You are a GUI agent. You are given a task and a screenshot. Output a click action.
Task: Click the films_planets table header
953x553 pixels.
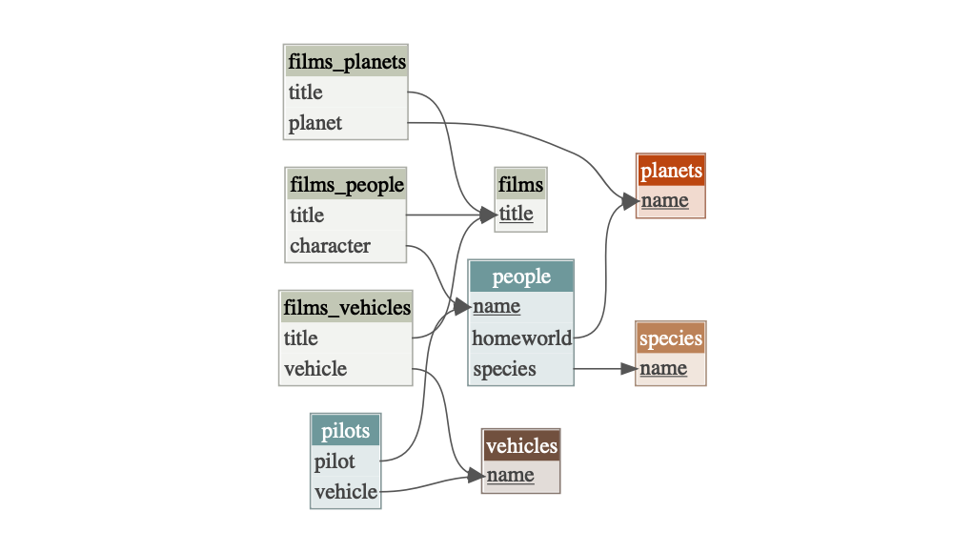[x=346, y=62]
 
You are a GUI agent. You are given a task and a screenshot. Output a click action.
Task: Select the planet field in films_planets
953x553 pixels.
[x=315, y=123]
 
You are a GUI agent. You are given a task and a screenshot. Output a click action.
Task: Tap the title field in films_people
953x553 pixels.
[x=308, y=215]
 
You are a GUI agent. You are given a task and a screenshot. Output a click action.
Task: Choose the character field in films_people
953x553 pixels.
[x=330, y=246]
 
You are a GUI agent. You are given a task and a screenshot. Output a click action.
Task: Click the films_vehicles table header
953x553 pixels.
[x=346, y=308]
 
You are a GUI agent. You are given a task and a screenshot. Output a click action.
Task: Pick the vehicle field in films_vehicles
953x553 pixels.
[x=315, y=369]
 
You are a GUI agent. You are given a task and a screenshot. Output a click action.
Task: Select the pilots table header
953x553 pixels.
[x=345, y=431]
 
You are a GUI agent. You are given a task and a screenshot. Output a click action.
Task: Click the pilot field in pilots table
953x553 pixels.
[x=335, y=461]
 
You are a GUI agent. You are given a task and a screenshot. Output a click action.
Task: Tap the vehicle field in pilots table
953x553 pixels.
[x=346, y=492]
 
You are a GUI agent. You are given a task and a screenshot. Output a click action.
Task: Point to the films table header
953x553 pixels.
[x=521, y=184]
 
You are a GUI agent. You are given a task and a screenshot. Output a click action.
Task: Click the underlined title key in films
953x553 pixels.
[x=517, y=215]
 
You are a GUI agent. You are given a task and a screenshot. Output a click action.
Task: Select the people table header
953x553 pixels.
[x=521, y=276]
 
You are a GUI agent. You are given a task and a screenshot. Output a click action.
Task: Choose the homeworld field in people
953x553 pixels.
[x=521, y=338]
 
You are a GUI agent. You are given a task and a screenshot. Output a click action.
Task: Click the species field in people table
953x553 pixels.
[x=504, y=369]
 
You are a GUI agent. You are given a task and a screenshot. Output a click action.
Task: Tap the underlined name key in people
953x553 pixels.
[x=497, y=307]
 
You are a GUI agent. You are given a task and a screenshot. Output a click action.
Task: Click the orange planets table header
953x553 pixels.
[x=671, y=172]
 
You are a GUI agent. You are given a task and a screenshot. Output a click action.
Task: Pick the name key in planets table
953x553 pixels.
[x=664, y=201]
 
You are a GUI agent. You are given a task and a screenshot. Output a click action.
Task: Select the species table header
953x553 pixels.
[x=671, y=338]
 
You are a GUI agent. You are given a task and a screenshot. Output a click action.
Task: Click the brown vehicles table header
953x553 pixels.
[x=521, y=446]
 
